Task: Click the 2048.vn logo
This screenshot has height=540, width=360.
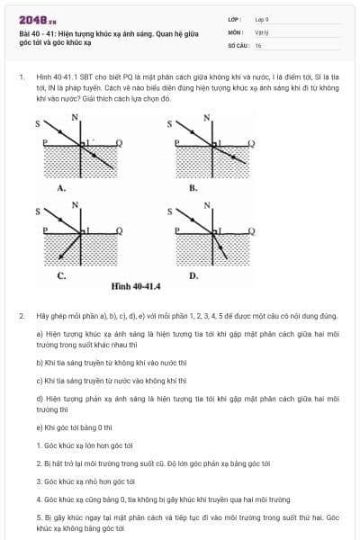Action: [x=37, y=19]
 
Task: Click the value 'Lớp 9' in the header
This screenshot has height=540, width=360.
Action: [x=262, y=18]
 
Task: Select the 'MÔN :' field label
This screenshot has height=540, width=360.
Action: [x=235, y=31]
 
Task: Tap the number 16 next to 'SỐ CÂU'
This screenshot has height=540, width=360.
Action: [x=258, y=44]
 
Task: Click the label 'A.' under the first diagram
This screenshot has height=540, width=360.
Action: [x=61, y=188]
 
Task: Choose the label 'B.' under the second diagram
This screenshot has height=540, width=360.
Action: [x=193, y=188]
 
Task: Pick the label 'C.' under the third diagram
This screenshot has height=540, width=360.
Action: [x=61, y=275]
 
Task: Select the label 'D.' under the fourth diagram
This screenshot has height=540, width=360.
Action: [x=193, y=275]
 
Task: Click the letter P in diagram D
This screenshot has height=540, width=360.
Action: [x=177, y=230]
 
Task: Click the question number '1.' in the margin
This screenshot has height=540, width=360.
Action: [x=21, y=77]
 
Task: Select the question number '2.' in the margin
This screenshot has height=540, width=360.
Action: [x=21, y=316]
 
